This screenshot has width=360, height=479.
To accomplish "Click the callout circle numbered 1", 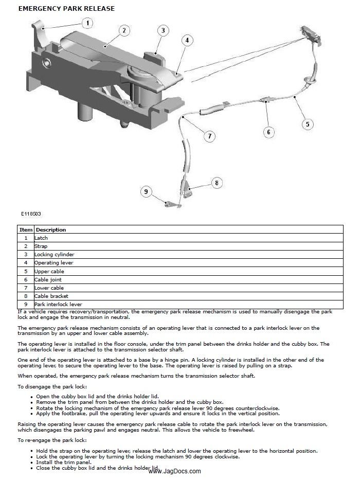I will click(87, 23).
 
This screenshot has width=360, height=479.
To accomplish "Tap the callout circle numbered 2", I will click(123, 30).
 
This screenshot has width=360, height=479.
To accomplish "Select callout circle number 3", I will click(163, 30).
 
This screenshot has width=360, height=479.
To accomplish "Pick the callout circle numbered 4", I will click(187, 40).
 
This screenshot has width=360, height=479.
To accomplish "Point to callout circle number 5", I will click(307, 123).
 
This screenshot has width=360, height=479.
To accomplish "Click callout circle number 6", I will click(268, 132).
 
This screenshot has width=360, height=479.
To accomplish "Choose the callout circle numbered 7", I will click(209, 136).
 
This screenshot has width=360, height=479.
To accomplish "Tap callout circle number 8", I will click(217, 182).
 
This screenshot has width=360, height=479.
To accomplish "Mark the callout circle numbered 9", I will click(147, 192).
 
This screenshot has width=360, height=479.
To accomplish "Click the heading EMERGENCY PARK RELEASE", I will click(66, 9).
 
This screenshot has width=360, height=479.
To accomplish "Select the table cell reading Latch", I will click(41, 238).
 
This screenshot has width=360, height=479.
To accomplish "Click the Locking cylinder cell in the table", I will click(54, 255).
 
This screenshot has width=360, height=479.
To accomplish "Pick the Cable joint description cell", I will click(48, 279).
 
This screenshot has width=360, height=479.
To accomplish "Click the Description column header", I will click(51, 229).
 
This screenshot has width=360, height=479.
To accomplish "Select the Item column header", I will click(26, 229).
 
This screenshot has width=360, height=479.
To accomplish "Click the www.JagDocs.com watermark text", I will click(175, 471).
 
